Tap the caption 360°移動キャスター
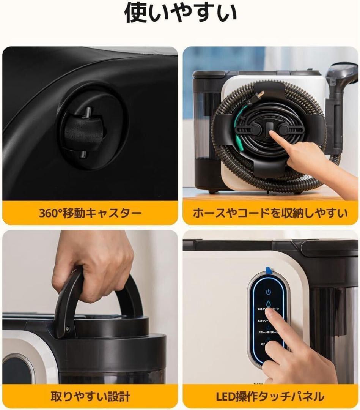coord(90,213)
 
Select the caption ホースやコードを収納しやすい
coord(270,213)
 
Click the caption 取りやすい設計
coord(90,397)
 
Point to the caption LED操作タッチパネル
coord(270,397)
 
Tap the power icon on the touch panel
coord(269,292)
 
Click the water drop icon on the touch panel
coord(269,304)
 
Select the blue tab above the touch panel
coord(269,270)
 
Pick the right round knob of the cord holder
coord(283,129)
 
